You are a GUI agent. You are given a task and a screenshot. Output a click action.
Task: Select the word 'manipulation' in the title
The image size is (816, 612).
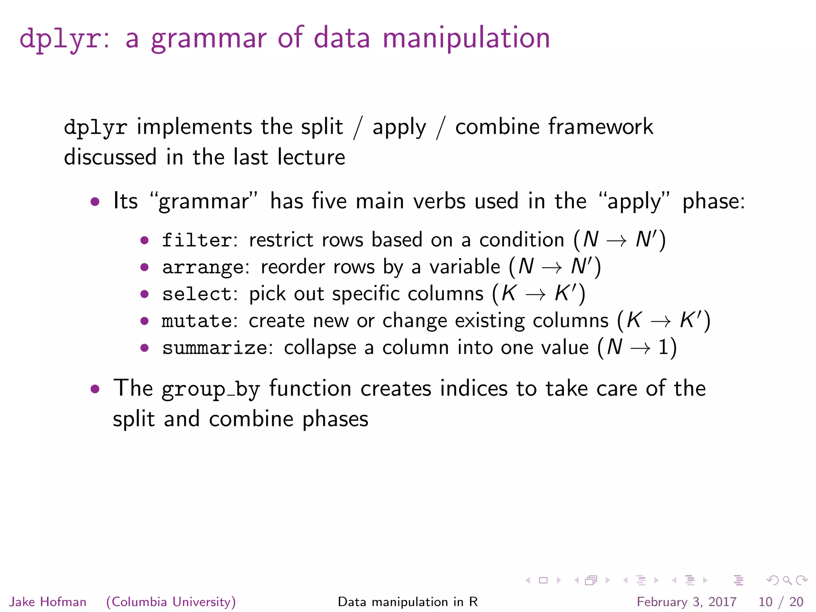[466, 38]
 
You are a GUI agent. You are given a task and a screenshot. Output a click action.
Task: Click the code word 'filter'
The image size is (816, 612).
[197, 240]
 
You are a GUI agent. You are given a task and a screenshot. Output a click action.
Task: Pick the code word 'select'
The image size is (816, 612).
[197, 294]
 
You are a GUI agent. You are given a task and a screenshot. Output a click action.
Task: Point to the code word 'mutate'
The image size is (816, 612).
[197, 321]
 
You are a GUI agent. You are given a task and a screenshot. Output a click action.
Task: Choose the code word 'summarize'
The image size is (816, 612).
[215, 348]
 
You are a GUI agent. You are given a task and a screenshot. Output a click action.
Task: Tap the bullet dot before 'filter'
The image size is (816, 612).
[144, 240]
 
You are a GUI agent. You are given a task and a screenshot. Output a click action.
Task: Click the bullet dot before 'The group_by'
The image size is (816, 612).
[95, 388]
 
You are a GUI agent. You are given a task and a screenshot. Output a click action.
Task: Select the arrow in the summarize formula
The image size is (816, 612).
[640, 348]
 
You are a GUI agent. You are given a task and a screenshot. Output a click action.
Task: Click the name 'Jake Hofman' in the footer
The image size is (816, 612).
[48, 602]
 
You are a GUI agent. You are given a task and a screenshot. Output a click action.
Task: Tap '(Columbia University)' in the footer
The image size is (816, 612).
[171, 602]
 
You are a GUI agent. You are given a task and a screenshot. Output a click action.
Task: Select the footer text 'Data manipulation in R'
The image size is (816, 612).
[408, 602]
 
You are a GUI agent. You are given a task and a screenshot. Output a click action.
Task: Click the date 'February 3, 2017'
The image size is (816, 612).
[687, 602]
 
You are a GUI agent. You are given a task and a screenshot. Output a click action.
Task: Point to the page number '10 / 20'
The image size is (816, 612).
[781, 602]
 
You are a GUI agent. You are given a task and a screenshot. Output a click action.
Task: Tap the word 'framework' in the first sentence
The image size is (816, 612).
[601, 127]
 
